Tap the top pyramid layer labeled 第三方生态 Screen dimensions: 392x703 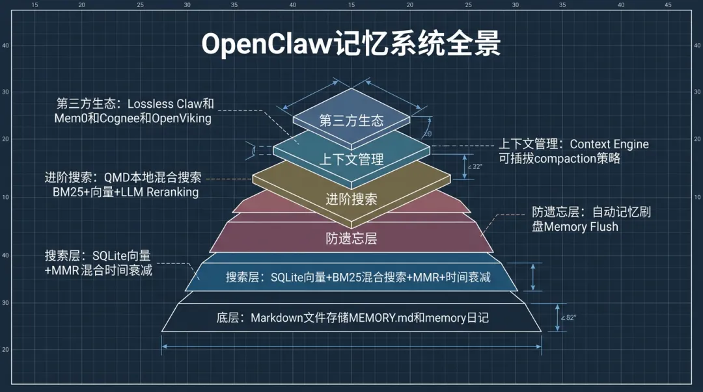pyautogui.click(x=351, y=120)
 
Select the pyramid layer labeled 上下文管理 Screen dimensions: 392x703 pyautogui.click(x=351, y=159)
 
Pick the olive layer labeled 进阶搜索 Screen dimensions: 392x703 pyautogui.click(x=351, y=199)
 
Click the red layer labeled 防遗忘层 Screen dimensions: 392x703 pyautogui.click(x=351, y=238)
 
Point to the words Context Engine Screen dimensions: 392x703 pyautogui.click(x=609, y=144)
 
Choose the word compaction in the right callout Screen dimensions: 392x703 pyautogui.click(x=559, y=159)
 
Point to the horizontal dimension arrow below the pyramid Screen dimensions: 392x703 pyautogui.click(x=351, y=346)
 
